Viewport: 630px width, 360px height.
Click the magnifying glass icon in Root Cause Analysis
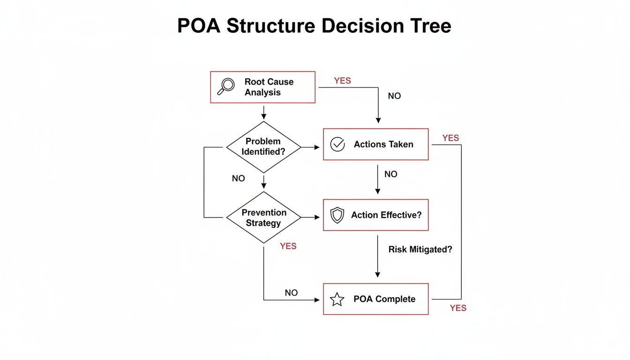pyautogui.click(x=227, y=87)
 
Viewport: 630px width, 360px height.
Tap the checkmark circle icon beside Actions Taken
pyautogui.click(x=337, y=144)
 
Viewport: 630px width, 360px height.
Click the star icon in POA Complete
pyautogui.click(x=337, y=299)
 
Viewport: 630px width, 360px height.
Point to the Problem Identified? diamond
pyautogui.click(x=263, y=147)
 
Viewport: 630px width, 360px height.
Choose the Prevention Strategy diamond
pyautogui.click(x=263, y=217)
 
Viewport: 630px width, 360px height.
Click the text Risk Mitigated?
pyautogui.click(x=420, y=250)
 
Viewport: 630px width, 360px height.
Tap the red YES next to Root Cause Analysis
pyautogui.click(x=342, y=81)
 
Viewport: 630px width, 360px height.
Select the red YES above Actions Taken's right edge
pyautogui.click(x=450, y=138)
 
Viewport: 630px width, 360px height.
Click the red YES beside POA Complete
pyautogui.click(x=458, y=308)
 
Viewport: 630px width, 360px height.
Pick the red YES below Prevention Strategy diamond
pyautogui.click(x=288, y=246)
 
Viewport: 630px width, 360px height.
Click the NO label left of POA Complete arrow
pyautogui.click(x=291, y=293)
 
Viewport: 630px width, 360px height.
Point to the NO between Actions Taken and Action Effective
pyautogui.click(x=390, y=174)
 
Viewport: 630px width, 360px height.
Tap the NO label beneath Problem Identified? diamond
pyautogui.click(x=238, y=179)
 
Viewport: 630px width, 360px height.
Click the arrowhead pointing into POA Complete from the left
pyautogui.click(x=320, y=300)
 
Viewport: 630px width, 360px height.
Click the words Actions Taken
pyautogui.click(x=383, y=144)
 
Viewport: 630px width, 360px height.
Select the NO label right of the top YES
pyautogui.click(x=394, y=96)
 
